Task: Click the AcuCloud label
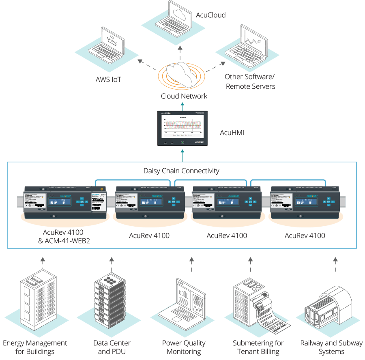[x=210, y=15]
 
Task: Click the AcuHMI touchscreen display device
[x=182, y=128]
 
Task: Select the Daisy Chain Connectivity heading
[x=181, y=171]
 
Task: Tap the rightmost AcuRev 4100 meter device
[x=304, y=201]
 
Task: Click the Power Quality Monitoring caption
[x=184, y=347]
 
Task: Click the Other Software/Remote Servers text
[x=250, y=81]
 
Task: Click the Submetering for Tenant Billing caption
[x=258, y=347]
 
